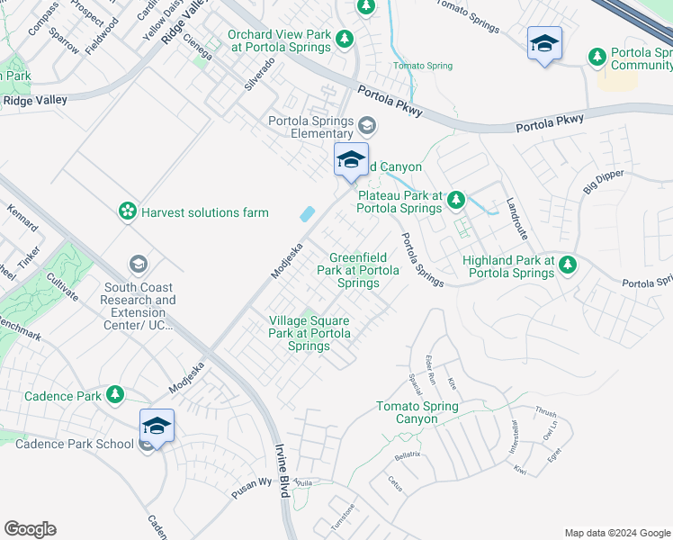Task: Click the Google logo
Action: (x=30, y=529)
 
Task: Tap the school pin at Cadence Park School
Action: (x=156, y=427)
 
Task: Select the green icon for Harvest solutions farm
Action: (x=128, y=211)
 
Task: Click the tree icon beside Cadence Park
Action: (x=114, y=394)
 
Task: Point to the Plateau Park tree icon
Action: (x=456, y=199)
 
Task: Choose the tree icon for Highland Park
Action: (x=567, y=264)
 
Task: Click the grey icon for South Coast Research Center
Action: (x=139, y=263)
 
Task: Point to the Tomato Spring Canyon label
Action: (x=417, y=412)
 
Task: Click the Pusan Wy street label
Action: (x=251, y=483)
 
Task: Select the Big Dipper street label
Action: (x=602, y=181)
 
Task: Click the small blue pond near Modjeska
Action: (x=306, y=213)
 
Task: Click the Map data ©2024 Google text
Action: (x=616, y=532)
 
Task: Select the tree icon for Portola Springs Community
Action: (x=597, y=57)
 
